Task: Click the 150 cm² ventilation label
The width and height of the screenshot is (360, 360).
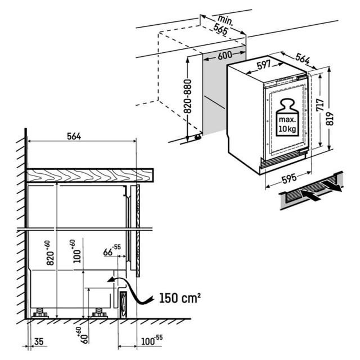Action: [x=180, y=298]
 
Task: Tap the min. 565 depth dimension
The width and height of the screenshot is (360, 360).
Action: [x=223, y=25]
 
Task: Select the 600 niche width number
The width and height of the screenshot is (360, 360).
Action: [x=225, y=55]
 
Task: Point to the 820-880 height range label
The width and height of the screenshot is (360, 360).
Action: [x=188, y=96]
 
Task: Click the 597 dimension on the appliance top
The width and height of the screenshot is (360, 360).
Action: [x=264, y=65]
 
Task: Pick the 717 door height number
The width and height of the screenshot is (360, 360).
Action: [x=320, y=105]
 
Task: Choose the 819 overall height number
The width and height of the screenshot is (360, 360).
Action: [x=330, y=119]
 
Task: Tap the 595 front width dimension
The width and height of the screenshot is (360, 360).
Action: [x=289, y=178]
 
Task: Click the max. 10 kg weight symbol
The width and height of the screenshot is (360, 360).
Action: [x=287, y=118]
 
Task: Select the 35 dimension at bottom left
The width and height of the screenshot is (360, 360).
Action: [x=39, y=341]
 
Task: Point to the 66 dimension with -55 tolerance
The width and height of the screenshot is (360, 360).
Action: [x=112, y=250]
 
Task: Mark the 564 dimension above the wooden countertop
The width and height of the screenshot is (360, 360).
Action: [x=74, y=136]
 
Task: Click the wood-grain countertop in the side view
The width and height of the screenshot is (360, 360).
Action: [x=90, y=175]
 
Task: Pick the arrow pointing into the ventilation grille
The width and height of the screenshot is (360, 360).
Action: [x=309, y=195]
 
